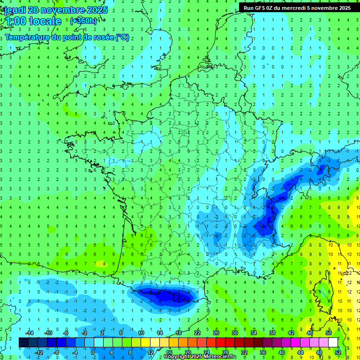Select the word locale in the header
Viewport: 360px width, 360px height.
[x=45, y=21]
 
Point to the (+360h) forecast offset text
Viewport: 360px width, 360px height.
[x=84, y=21]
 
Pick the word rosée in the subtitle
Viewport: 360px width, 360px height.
[x=103, y=37]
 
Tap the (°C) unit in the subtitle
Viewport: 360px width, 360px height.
[x=122, y=37]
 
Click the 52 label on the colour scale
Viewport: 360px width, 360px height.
[x=338, y=352]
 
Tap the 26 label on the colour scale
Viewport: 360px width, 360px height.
[x=216, y=333]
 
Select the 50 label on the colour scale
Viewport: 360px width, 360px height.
[x=329, y=333]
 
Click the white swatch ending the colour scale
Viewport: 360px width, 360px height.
[x=333, y=342]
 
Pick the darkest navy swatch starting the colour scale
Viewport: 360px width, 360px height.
[x=23, y=342]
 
